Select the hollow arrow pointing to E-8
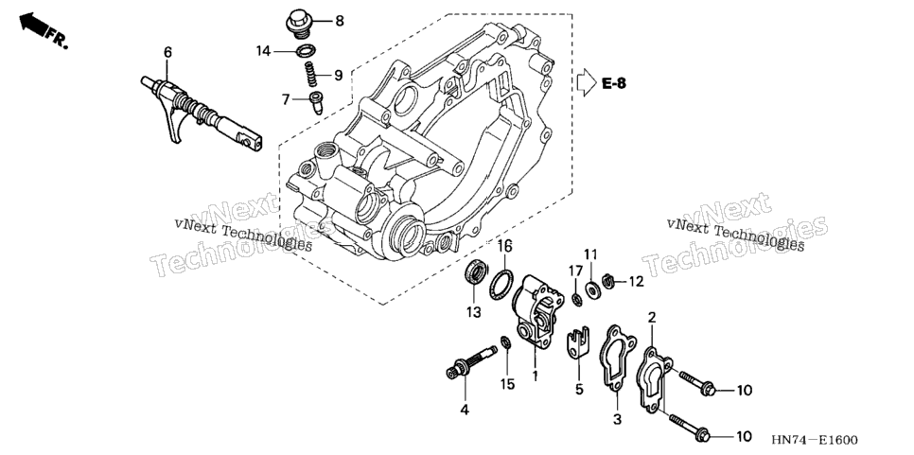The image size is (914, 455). [587, 82]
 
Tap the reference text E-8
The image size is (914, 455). [614, 83]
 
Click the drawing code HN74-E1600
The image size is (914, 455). [815, 440]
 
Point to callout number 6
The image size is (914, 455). [167, 52]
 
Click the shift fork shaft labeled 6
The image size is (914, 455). [202, 113]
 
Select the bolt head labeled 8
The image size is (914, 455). [298, 24]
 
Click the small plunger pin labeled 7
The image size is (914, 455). [317, 102]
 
